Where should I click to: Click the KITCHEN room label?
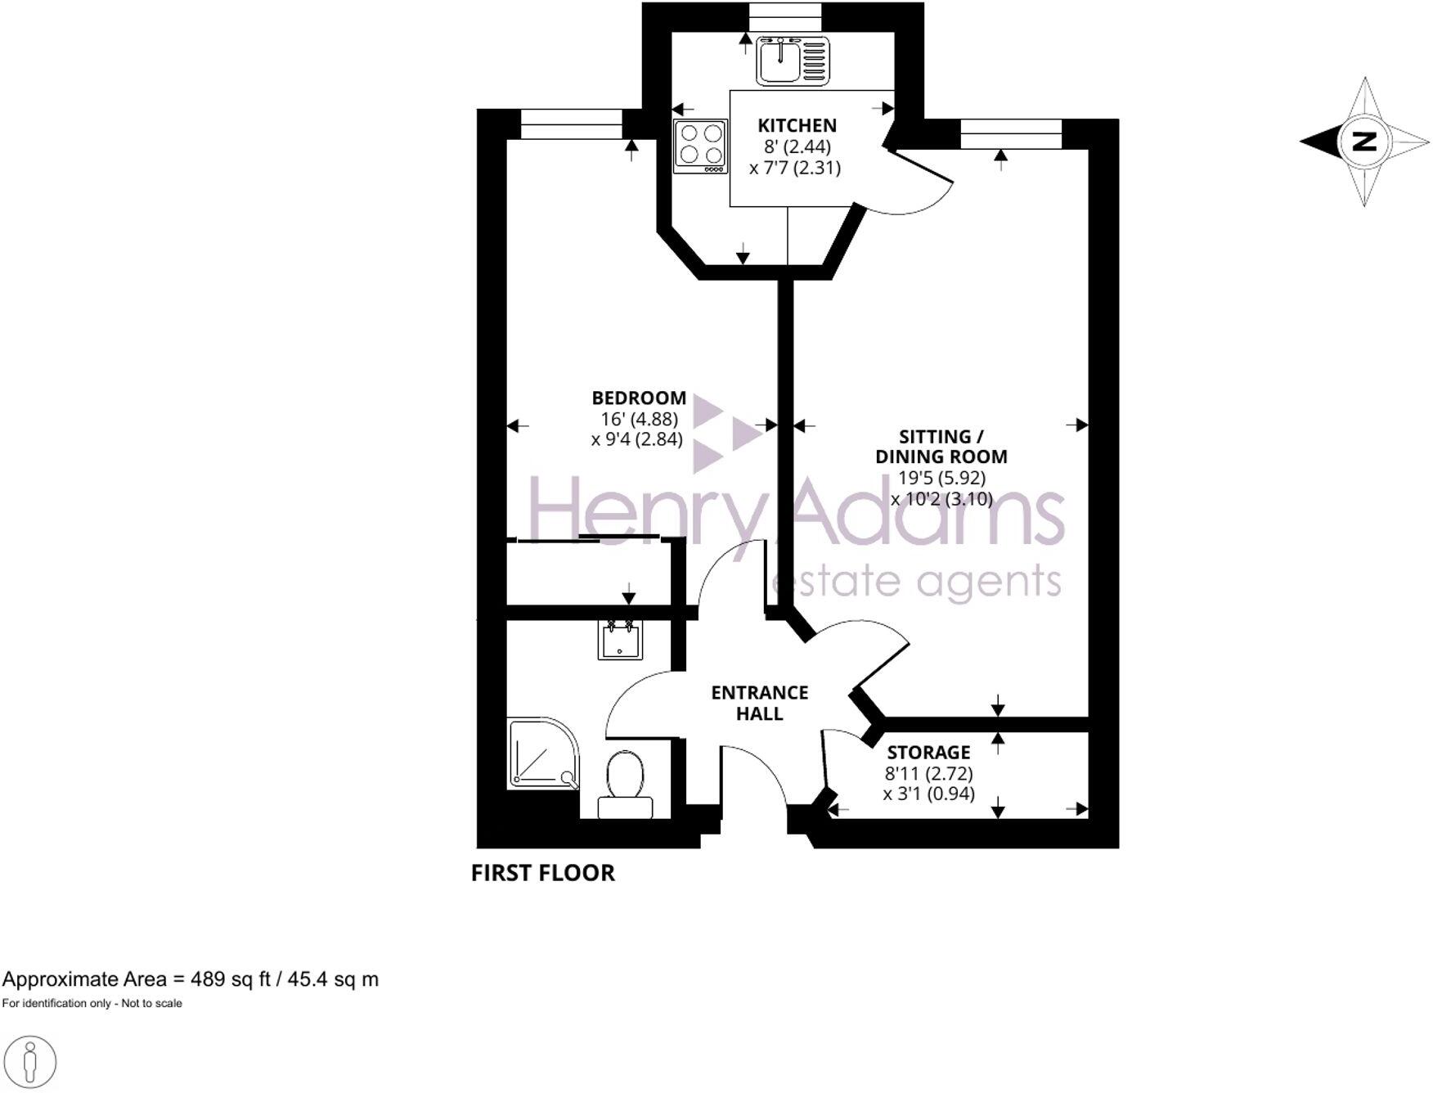pos(797,125)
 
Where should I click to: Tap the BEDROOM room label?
pos(639,398)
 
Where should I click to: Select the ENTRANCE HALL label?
pos(759,703)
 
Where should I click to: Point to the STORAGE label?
pos(928,752)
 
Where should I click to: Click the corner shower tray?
pos(542,753)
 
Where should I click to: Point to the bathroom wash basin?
pos(619,639)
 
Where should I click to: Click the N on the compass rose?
pos(1363,141)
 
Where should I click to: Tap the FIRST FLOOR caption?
pos(542,873)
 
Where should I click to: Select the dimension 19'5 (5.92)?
pos(941,478)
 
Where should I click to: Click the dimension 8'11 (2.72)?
pos(928,773)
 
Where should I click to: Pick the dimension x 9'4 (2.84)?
pos(636,440)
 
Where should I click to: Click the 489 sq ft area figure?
pos(230,979)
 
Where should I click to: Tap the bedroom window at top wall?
pos(571,125)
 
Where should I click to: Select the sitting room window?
pos(1011,133)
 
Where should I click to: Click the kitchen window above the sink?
pos(784,16)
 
